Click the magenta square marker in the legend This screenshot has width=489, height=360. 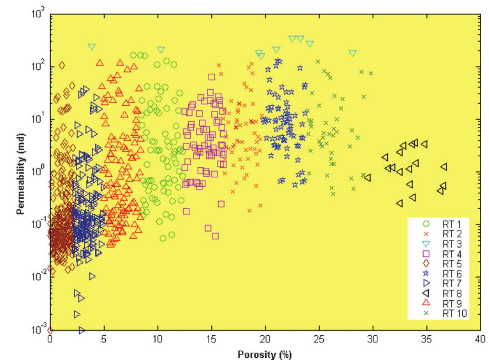pos(426,253)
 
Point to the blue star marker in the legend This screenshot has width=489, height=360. pos(426,273)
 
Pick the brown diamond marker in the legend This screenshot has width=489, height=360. pos(426,263)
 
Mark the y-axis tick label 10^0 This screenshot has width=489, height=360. pos(38,172)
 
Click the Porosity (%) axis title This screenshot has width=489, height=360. pos(265,354)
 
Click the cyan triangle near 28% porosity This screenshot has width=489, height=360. pos(353,53)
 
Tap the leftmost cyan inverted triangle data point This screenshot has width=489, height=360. pos(92,47)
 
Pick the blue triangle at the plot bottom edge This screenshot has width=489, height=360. pos(82,330)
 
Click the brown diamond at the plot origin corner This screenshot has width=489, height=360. pos(50,330)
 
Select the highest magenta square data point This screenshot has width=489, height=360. pos(212,77)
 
